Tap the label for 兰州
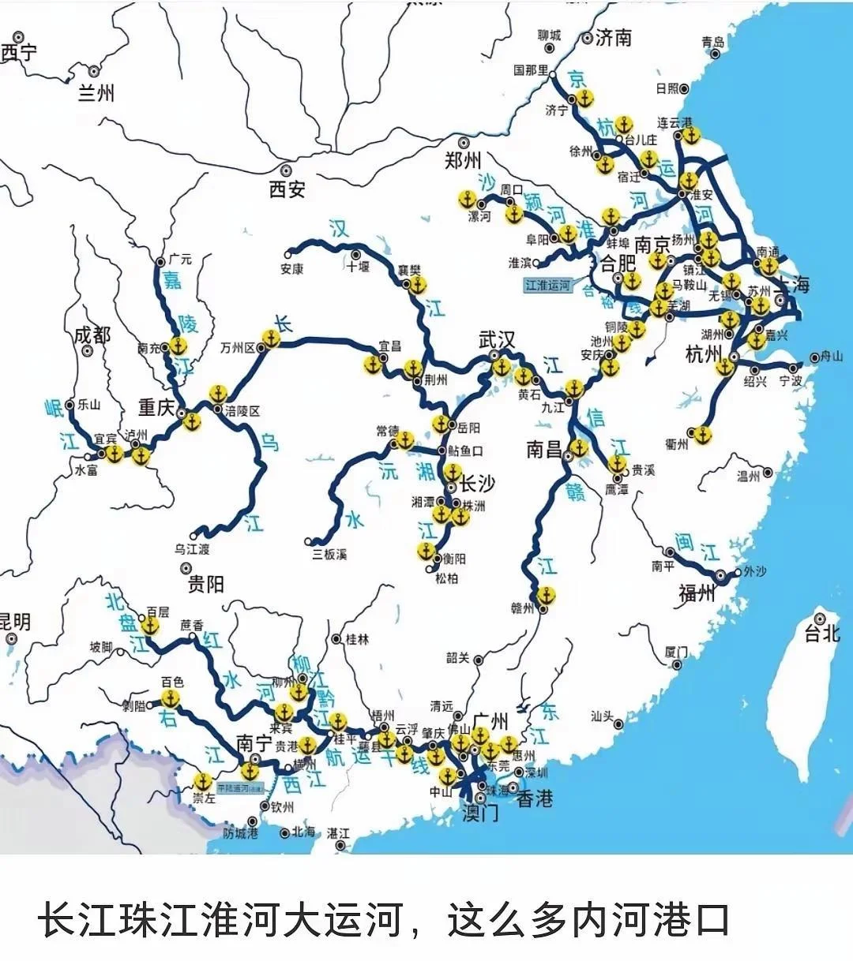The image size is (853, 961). pos(96,93)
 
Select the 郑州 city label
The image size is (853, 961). pos(463,161)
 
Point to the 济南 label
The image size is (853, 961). pos(613,37)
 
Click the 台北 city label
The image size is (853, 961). pos(821,633)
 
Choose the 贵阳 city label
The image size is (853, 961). pos(205,584)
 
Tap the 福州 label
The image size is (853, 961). pos(697,593)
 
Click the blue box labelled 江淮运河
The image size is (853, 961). pos(547,285)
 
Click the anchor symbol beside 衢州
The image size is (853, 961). pos(701,434)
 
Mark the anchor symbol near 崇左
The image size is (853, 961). pos(203,781)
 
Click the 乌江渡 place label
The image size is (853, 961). pos(192,549)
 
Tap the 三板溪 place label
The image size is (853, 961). pos(329,554)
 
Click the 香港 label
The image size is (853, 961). pos(535,798)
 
